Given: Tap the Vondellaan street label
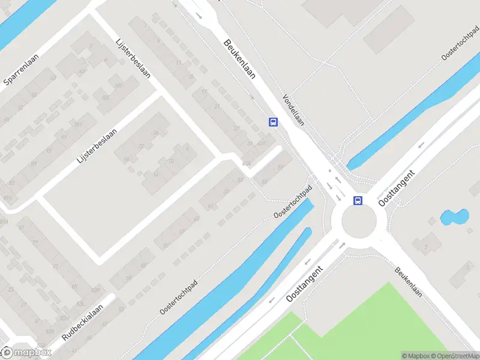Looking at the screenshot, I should (x=293, y=109).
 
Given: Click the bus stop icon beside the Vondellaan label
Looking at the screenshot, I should (x=274, y=122).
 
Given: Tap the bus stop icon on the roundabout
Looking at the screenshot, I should (x=358, y=200).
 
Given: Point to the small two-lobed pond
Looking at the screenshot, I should (x=454, y=217).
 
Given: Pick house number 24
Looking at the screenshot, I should (x=157, y=133).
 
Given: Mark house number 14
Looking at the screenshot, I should (x=155, y=175).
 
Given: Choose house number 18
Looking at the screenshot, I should (x=126, y=160).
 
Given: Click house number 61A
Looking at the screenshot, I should (x=246, y=164).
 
